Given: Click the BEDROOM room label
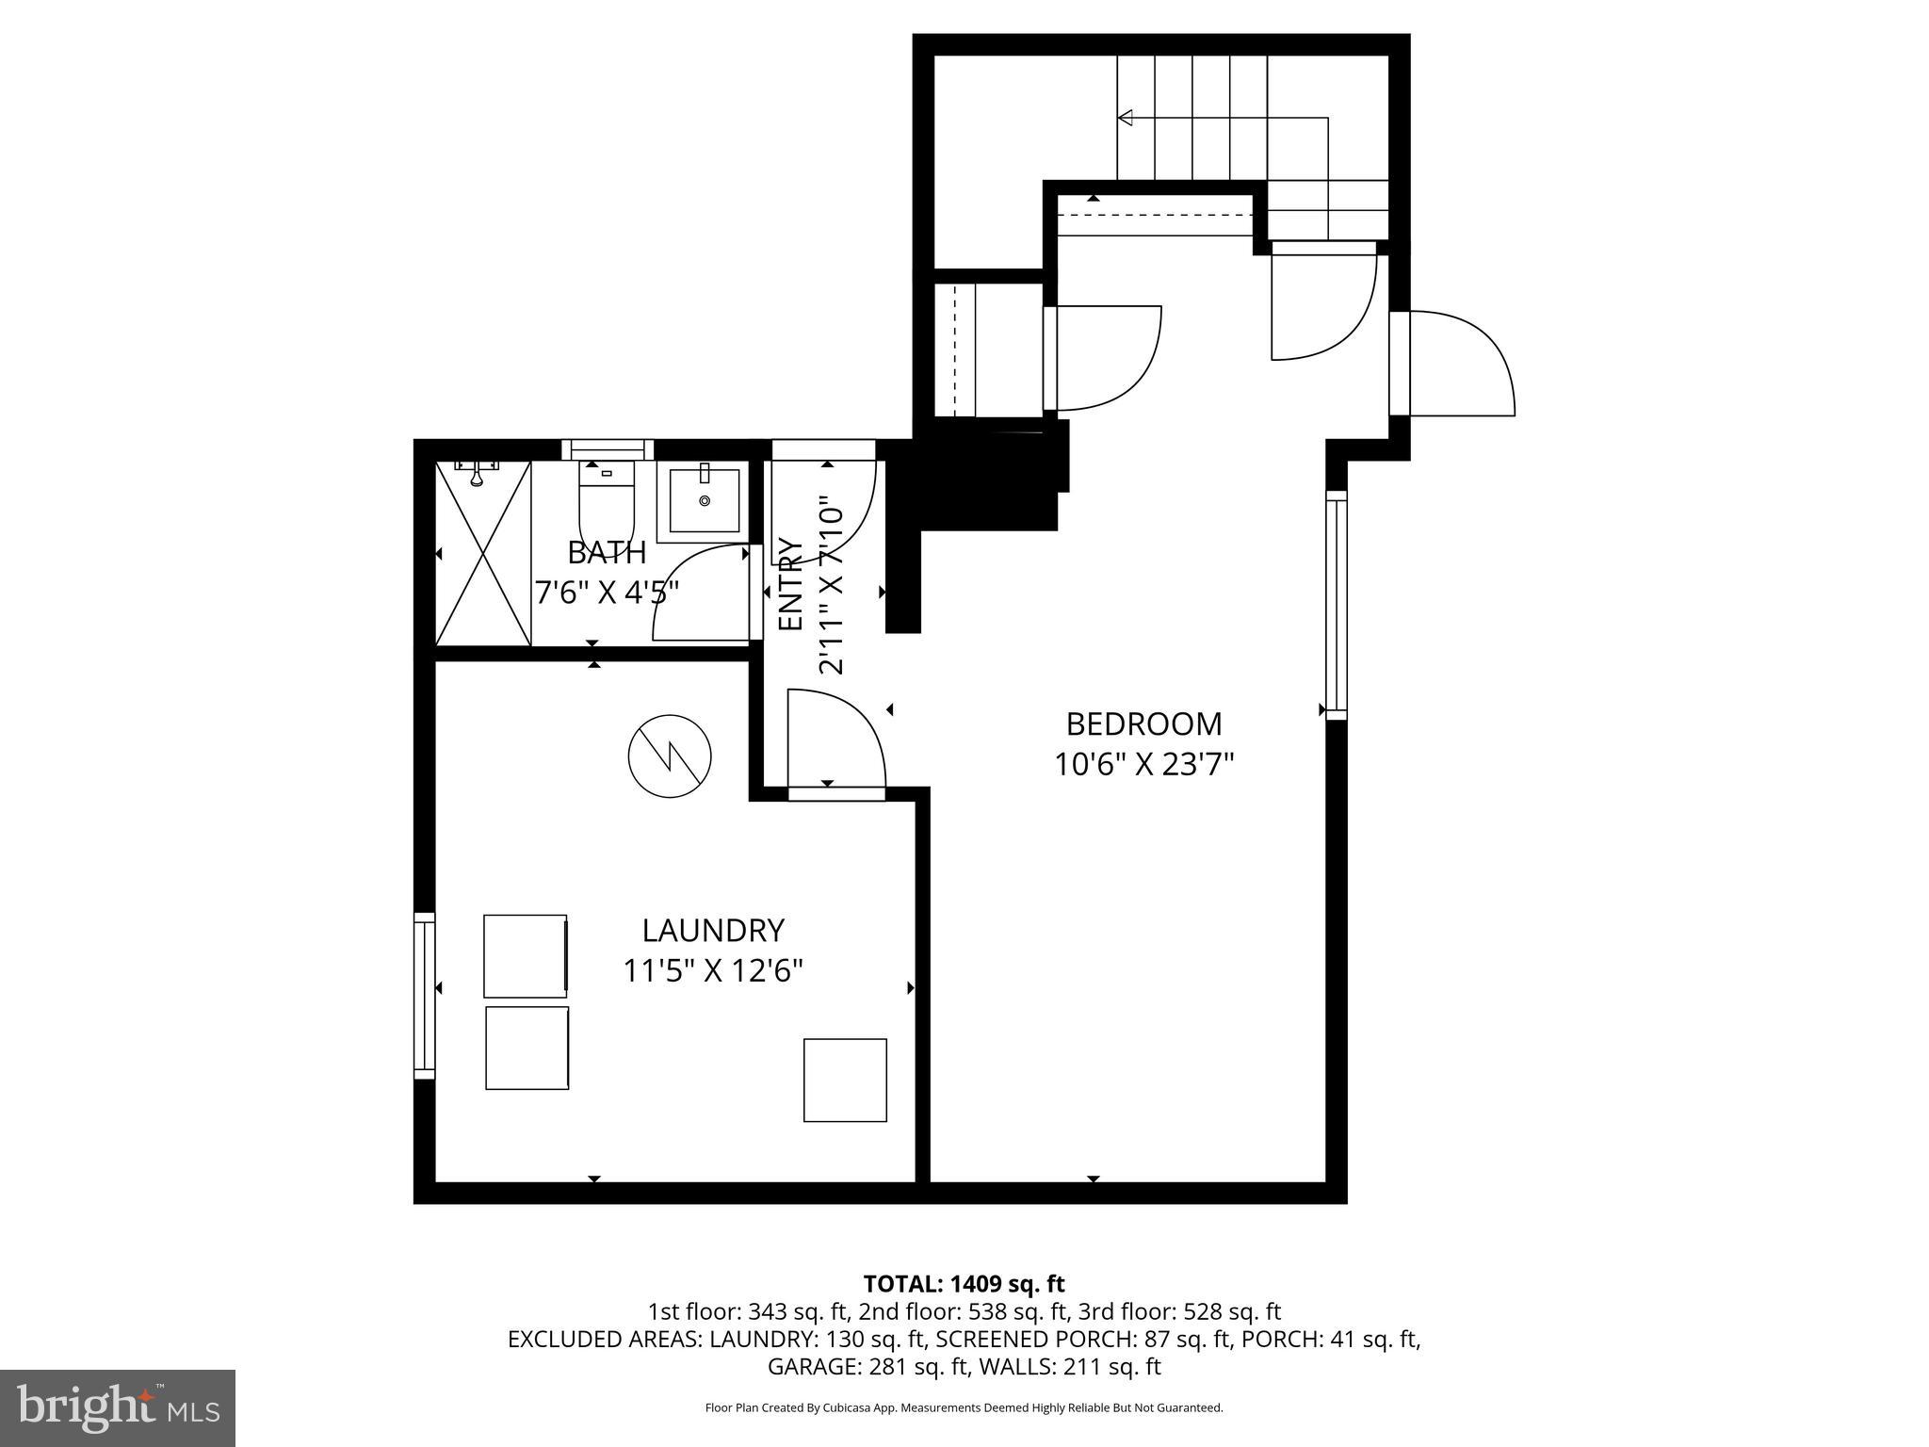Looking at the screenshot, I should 1143,723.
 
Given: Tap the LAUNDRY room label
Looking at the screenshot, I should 713,930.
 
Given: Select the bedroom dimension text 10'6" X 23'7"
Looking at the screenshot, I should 1143,764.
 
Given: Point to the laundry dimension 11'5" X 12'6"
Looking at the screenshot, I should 713,970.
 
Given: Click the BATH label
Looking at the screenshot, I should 607,552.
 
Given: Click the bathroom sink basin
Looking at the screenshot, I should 704,502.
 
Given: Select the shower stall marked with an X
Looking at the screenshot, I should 483,553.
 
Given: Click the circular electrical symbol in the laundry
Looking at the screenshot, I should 670,756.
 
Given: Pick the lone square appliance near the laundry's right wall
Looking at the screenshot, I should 845,1080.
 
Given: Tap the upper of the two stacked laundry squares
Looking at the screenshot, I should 526,955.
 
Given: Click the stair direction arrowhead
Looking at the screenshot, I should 1125,118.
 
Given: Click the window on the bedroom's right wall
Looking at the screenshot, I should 1336,604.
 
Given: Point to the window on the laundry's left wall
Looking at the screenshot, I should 425,996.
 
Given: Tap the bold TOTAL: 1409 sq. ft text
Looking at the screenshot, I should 964,1283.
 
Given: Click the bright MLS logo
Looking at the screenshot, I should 118,1408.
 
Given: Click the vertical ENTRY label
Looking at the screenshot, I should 789,584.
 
